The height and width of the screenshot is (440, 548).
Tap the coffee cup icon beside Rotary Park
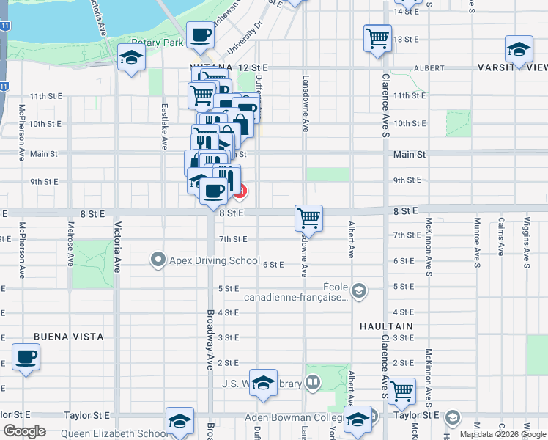200,35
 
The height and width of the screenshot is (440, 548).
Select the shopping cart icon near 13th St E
377,37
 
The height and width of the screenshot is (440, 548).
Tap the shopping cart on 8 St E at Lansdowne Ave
309,217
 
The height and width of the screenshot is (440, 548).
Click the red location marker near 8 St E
240,191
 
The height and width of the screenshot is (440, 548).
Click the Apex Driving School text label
214,260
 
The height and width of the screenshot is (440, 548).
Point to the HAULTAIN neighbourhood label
386,326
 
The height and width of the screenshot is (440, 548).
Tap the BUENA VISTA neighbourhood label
68,337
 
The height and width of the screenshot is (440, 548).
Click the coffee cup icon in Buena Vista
26,357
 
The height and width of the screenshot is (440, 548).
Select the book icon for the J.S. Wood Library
313,381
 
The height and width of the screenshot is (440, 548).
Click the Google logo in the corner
25,431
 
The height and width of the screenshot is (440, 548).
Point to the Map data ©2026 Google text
502,434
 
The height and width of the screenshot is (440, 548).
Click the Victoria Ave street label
116,249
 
